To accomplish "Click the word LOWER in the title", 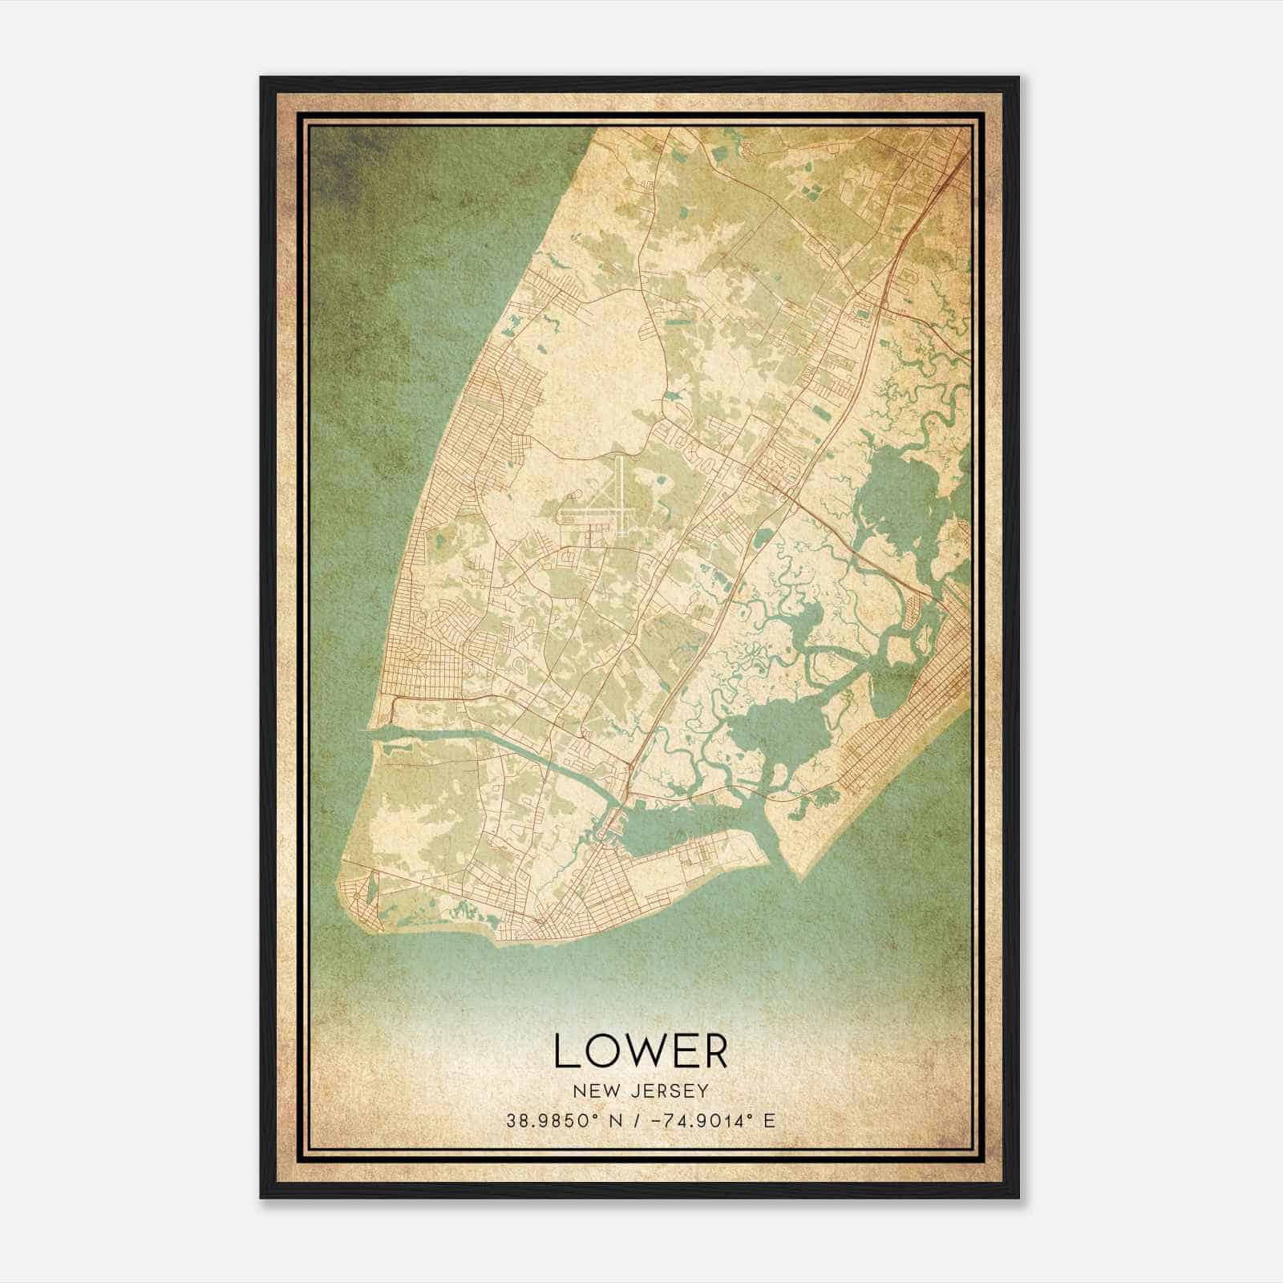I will coord(640,1051).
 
